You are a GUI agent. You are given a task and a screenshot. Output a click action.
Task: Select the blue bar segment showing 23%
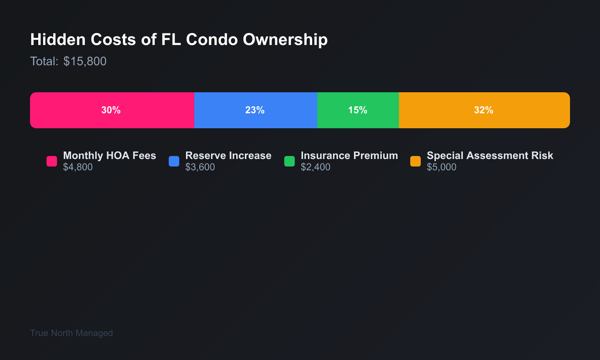[x=255, y=110]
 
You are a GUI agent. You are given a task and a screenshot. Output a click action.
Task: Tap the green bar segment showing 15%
[x=358, y=110]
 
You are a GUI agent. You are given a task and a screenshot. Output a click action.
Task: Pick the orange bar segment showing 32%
[x=484, y=110]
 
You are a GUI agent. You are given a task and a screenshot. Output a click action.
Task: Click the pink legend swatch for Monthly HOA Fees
[x=52, y=161]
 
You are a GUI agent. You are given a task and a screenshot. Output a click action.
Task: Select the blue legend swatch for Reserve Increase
[x=174, y=161]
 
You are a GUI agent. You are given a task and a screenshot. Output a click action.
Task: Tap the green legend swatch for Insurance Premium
[x=289, y=161]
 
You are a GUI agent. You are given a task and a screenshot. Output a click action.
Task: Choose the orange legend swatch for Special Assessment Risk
[x=415, y=161]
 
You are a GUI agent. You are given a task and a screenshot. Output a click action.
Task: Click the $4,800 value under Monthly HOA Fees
[x=78, y=167]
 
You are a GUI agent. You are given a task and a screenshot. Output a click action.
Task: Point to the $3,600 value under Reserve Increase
[x=200, y=167]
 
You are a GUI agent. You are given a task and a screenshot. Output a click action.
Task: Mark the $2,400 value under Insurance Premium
[x=315, y=167]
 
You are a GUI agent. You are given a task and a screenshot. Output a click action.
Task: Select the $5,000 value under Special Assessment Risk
[x=441, y=167]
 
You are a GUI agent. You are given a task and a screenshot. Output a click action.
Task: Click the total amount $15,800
[x=85, y=61]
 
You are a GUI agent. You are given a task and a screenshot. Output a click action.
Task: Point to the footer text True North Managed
[x=71, y=333]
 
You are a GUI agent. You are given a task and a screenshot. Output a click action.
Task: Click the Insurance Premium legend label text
[x=349, y=156]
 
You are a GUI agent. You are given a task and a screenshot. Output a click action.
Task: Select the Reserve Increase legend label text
[x=228, y=156]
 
